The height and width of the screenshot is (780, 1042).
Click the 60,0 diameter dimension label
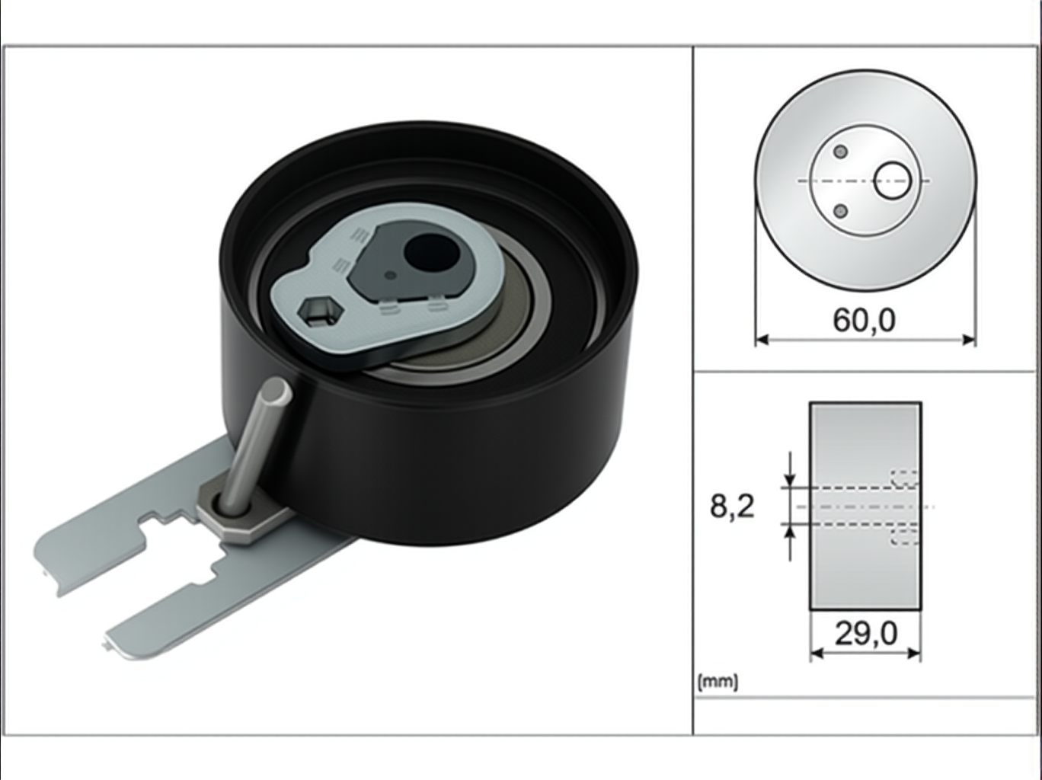tap(864, 321)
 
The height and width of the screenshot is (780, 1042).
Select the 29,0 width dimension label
tap(866, 634)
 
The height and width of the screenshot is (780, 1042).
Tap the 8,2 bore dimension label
tap(732, 506)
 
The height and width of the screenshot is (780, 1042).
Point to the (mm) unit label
tap(718, 682)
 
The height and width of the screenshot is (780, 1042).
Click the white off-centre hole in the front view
tap(893, 181)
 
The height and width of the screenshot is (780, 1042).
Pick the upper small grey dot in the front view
tap(841, 152)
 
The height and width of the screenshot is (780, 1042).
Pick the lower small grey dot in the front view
tap(841, 211)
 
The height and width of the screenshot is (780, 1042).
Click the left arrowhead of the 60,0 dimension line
tap(762, 340)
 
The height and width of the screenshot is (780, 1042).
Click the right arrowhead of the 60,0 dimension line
tap(968, 340)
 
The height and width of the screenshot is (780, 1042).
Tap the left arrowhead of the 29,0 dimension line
tap(817, 654)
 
